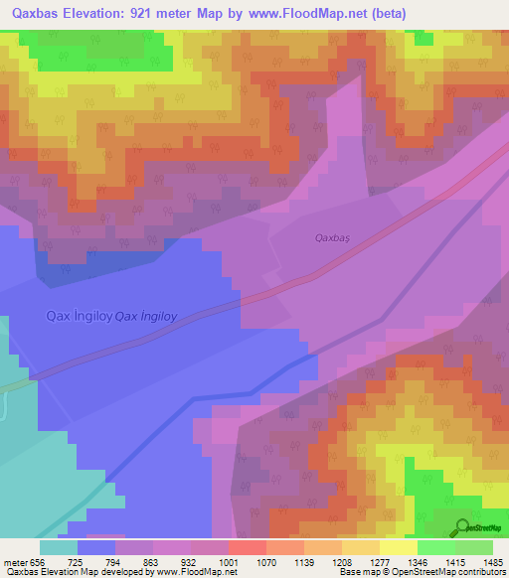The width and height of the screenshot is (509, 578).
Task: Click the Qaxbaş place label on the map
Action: point(334,237)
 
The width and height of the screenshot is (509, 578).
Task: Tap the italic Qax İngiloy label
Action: point(146,317)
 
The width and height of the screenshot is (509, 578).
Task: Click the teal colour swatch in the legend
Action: point(59,547)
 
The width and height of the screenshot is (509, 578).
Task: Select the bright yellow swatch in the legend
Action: point(398,547)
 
